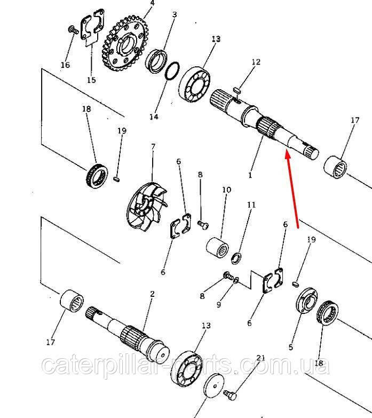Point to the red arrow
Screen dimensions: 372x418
(x=291, y=190)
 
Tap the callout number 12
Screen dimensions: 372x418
(x=256, y=62)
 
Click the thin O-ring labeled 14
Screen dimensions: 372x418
(x=172, y=71)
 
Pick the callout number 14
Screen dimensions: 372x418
(x=154, y=116)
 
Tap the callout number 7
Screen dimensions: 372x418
(x=153, y=147)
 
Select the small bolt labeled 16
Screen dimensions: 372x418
(x=73, y=29)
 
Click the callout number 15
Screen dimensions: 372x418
(x=91, y=80)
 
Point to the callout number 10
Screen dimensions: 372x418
(x=226, y=190)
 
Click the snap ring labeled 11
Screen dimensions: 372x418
(x=236, y=258)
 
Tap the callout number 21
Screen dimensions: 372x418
(x=260, y=358)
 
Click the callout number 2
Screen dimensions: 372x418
(x=152, y=294)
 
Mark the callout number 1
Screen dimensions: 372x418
(x=250, y=175)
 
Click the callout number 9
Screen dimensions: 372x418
(x=219, y=304)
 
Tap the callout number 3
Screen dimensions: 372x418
(x=175, y=14)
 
